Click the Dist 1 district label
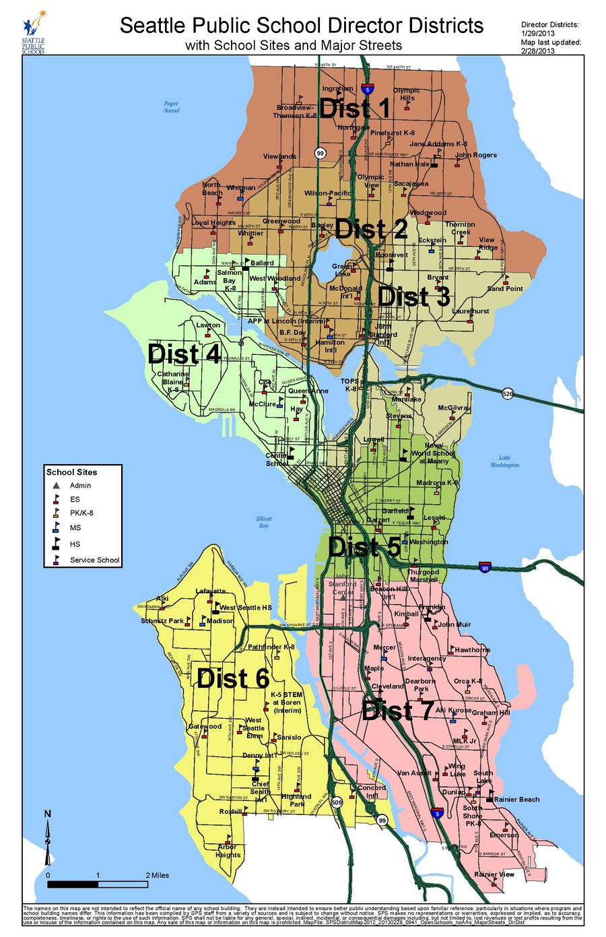[355, 108]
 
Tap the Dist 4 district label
[184, 354]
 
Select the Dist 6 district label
[233, 679]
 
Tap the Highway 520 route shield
[508, 393]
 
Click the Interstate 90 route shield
[484, 567]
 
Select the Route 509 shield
[337, 802]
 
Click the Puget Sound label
[171, 107]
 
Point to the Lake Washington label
[504, 461]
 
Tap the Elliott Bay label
[264, 521]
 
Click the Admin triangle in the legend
[57, 485]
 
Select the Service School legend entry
[94, 560]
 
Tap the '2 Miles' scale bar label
[157, 875]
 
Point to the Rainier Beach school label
[516, 800]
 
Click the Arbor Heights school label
[228, 851]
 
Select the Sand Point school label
[505, 288]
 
